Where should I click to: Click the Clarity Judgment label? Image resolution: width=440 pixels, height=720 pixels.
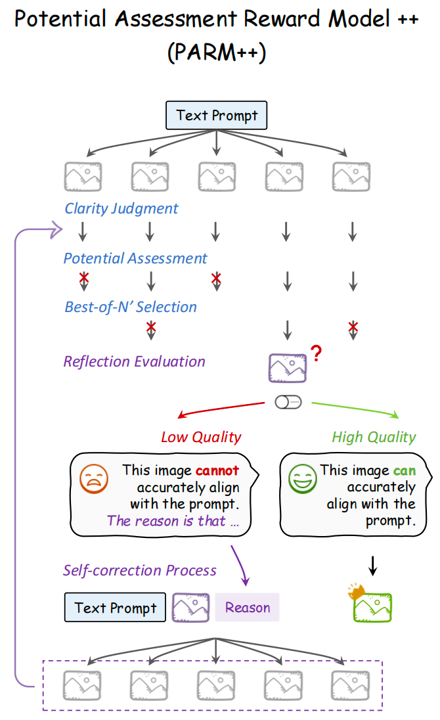(x=121, y=209)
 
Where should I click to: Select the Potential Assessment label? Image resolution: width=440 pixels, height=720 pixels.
(x=135, y=258)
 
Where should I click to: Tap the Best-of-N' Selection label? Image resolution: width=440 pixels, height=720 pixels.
(x=131, y=307)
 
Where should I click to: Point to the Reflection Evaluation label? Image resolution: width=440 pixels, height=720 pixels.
(x=134, y=361)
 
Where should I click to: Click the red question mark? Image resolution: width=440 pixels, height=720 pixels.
(x=317, y=355)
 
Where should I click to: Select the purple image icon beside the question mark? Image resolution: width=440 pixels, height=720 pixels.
(x=287, y=368)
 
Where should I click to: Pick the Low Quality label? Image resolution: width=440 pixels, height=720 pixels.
(x=201, y=437)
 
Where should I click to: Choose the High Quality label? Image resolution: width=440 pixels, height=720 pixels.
(x=374, y=437)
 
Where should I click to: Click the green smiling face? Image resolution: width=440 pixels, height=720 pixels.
(x=302, y=479)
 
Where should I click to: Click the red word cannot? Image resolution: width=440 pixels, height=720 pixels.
(x=217, y=470)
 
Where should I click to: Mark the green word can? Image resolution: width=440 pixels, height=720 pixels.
(x=405, y=470)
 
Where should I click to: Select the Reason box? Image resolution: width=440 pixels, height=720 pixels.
(x=248, y=608)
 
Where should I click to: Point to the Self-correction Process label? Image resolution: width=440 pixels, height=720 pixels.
(x=139, y=570)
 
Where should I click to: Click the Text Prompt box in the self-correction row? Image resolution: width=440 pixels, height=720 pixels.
(x=116, y=608)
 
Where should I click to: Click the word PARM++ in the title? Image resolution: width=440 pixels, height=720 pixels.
(x=217, y=53)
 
